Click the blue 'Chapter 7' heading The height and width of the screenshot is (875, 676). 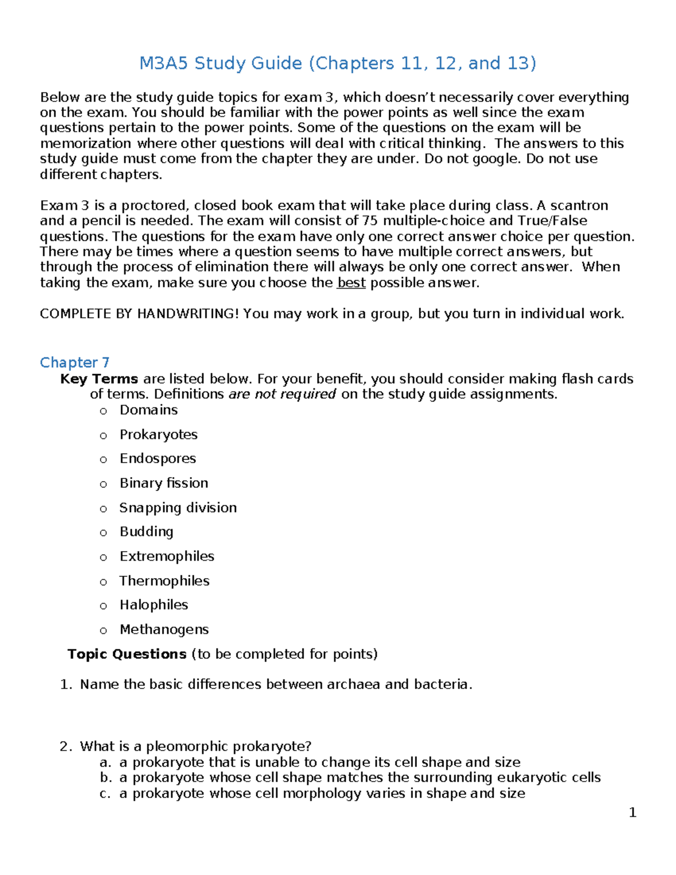[x=74, y=362]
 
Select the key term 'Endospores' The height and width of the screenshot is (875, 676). [x=158, y=459]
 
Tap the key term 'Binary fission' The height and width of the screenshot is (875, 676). [x=164, y=483]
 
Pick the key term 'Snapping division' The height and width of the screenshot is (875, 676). [x=178, y=508]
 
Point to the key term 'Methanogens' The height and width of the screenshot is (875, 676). [x=164, y=629]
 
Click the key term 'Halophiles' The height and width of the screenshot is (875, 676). [x=154, y=605]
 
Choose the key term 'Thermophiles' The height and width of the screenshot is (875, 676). [x=164, y=581]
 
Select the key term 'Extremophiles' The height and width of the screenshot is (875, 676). [x=167, y=556]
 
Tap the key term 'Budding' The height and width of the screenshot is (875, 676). [x=146, y=531]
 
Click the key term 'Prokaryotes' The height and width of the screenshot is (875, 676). [x=158, y=434]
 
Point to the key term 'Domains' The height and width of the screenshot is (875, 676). [x=149, y=410]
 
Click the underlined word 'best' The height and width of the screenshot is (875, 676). [x=351, y=282]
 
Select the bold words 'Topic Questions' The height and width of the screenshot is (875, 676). [x=127, y=654]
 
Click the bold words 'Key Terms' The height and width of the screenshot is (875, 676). [x=99, y=379]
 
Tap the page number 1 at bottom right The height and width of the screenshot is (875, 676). [x=633, y=812]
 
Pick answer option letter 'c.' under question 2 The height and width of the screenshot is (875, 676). [x=104, y=793]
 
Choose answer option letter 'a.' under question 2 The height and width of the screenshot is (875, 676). [x=104, y=762]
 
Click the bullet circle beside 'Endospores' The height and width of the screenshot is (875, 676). [x=103, y=460]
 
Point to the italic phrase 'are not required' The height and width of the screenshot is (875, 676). [x=282, y=394]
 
